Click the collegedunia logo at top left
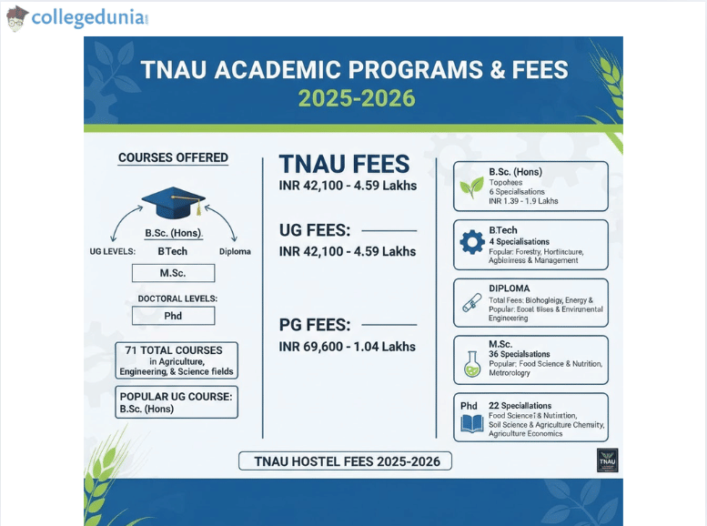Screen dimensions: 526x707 [76, 17]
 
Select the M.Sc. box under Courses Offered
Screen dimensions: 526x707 [173, 273]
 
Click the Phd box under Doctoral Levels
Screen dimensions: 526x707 [173, 316]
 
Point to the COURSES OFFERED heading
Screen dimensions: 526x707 [173, 157]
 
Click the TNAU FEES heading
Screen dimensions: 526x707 [344, 165]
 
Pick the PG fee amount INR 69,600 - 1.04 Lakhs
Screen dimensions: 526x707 [347, 346]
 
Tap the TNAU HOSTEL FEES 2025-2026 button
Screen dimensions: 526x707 [345, 461]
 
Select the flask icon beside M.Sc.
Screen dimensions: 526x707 [472, 363]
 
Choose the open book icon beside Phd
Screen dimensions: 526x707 [472, 423]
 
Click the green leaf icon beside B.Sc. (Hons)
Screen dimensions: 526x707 [472, 187]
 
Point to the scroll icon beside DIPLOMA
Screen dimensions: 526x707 [472, 304]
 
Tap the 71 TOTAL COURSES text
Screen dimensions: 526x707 [174, 350]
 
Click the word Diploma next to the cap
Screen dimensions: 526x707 [235, 251]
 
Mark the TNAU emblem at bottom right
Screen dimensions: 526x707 [607, 460]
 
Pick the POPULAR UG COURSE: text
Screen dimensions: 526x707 [176, 396]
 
